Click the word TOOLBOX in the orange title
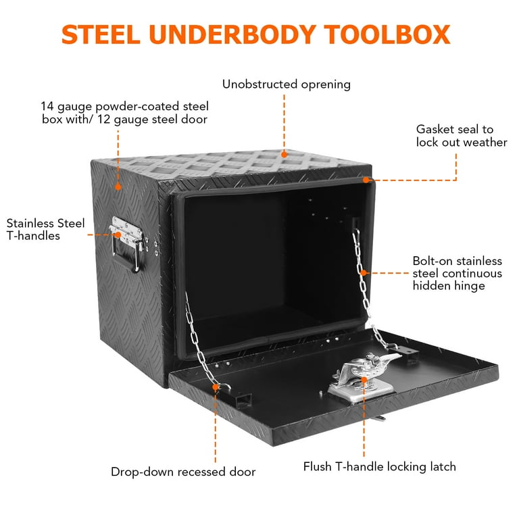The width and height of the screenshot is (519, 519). pos(387,34)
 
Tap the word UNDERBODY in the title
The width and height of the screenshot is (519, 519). pos(232,34)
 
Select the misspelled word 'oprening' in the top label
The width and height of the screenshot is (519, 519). pos(326,84)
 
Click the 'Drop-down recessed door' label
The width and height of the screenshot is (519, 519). pos(183,472)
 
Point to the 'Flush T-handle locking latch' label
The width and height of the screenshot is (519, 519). pos(380,467)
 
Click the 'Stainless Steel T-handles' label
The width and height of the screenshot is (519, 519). pos(46,229)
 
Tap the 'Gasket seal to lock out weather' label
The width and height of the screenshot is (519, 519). pos(462,136)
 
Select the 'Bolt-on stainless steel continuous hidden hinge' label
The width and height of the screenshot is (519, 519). pos(457,274)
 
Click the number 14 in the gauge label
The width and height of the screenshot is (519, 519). pos(47,106)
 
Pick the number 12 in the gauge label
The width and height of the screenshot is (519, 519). pos(103,119)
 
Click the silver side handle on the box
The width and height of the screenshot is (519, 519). pos(127,243)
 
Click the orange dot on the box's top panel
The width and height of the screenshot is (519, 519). pos(285,155)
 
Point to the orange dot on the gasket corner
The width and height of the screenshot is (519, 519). pos(366,180)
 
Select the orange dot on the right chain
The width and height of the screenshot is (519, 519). pos(364,273)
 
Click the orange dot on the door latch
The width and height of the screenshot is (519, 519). pos(364,380)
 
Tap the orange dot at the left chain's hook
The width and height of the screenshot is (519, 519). pos(216,387)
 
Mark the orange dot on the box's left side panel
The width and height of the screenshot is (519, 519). pos(118,187)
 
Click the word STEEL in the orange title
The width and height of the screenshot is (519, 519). pos(101,34)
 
